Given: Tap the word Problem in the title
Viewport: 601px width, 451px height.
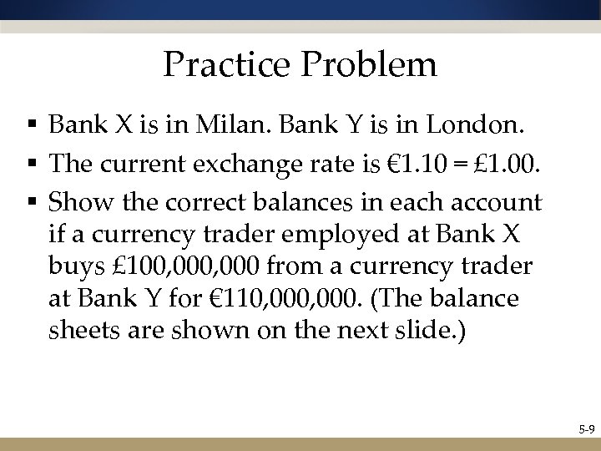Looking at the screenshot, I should tap(369, 64).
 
